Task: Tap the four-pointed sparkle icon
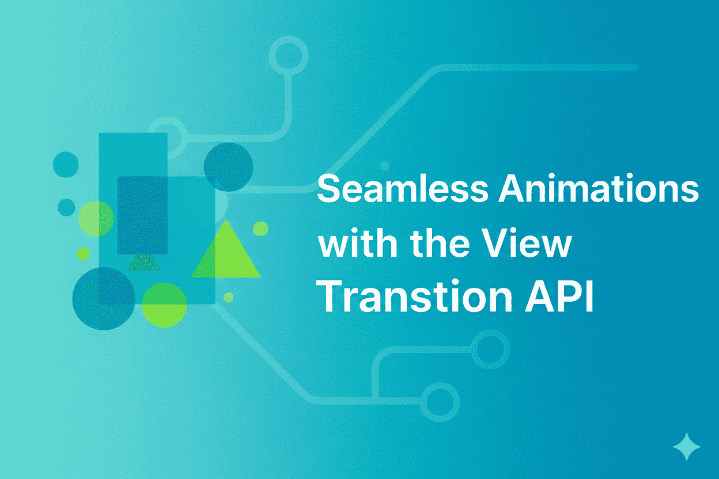click(687, 447)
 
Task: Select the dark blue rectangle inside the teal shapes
click(142, 215)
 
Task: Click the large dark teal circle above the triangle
click(228, 167)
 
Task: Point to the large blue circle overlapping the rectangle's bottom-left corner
click(104, 298)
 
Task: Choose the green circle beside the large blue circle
click(164, 305)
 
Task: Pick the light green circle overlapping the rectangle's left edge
click(96, 219)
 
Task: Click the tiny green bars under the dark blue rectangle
click(142, 263)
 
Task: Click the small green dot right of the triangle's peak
click(260, 229)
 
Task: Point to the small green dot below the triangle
click(228, 297)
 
